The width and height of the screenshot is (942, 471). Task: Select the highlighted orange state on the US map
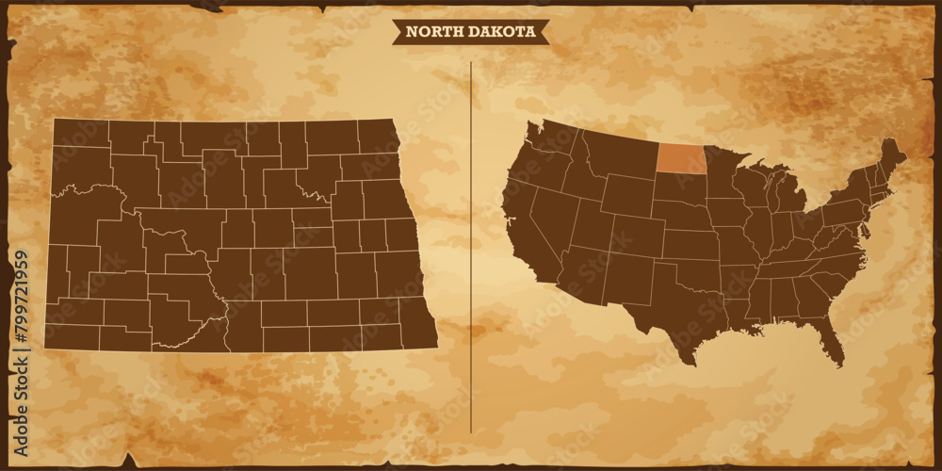[x=681, y=158]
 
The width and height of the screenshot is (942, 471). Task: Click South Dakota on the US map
[x=680, y=188]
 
